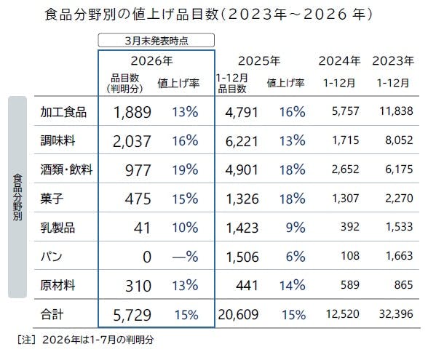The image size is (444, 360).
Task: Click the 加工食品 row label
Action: click(x=64, y=112)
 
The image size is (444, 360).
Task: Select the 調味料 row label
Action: click(x=59, y=141)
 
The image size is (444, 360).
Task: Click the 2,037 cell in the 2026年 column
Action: click(x=132, y=141)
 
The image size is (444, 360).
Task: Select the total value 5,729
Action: click(x=132, y=315)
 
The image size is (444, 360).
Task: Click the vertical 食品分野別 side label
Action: click(x=17, y=196)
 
